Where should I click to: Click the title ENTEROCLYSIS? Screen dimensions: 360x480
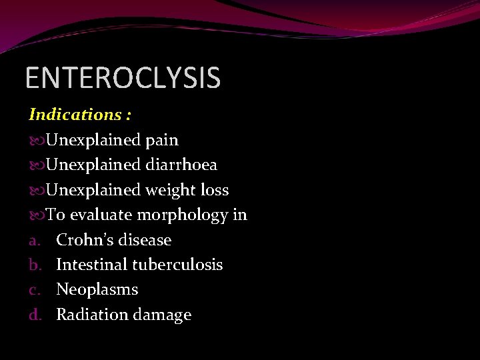point(123,77)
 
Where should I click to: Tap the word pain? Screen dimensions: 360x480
point(162,141)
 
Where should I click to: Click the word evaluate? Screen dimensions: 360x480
point(101,215)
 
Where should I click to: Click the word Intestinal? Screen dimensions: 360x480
point(91,265)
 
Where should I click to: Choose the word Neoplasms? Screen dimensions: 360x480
point(97,290)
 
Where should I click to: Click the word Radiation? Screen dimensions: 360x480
point(91,315)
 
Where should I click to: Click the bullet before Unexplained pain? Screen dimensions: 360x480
point(37,141)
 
